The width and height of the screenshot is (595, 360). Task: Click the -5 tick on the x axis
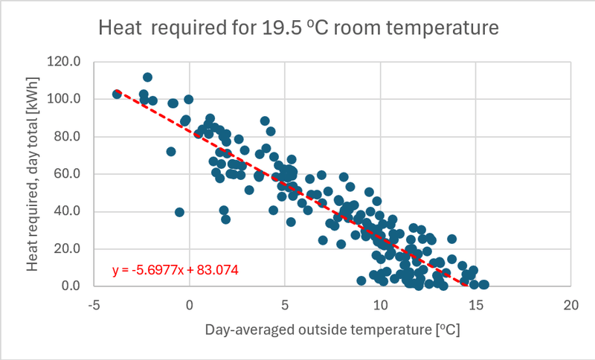click(x=94, y=305)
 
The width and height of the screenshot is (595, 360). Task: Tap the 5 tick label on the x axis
click(x=285, y=305)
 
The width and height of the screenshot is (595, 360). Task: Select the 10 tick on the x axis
click(x=380, y=305)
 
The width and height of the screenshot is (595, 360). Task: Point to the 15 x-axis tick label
click(x=475, y=305)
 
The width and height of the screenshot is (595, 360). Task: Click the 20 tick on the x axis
click(x=570, y=305)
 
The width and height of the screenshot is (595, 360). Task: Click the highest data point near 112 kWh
click(x=147, y=77)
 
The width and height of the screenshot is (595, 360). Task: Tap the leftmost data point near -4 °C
click(x=117, y=94)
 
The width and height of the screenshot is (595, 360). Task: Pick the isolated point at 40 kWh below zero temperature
click(x=179, y=212)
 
